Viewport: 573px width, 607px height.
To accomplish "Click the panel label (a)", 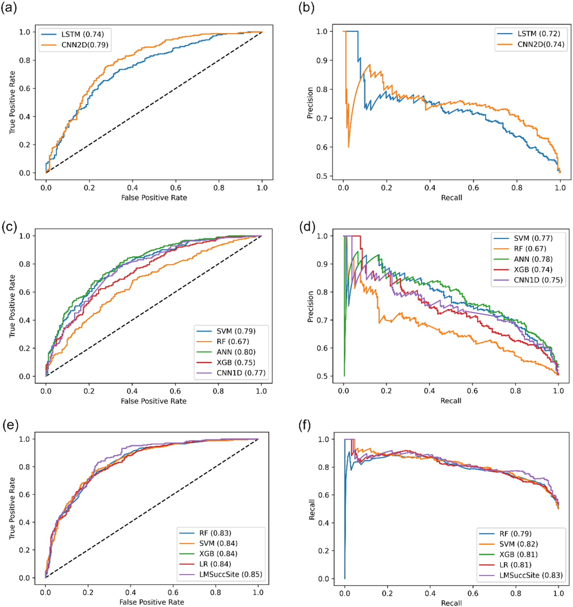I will (x=9, y=7).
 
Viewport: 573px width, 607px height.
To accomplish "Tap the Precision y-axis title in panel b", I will (x=310, y=103).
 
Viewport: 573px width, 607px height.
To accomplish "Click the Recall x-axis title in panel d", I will (x=451, y=401).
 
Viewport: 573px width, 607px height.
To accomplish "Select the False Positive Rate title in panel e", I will (x=152, y=602).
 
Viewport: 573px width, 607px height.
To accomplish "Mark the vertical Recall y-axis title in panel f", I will (x=312, y=510).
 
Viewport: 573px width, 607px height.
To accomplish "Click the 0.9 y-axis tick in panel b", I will (x=322, y=60).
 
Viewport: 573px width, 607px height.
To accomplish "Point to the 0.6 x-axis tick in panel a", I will (x=175, y=188).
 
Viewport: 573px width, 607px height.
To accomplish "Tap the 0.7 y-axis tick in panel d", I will (x=322, y=320).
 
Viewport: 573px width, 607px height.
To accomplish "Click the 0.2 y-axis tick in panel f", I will (x=324, y=551).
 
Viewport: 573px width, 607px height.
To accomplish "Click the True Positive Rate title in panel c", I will (x=12, y=306).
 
